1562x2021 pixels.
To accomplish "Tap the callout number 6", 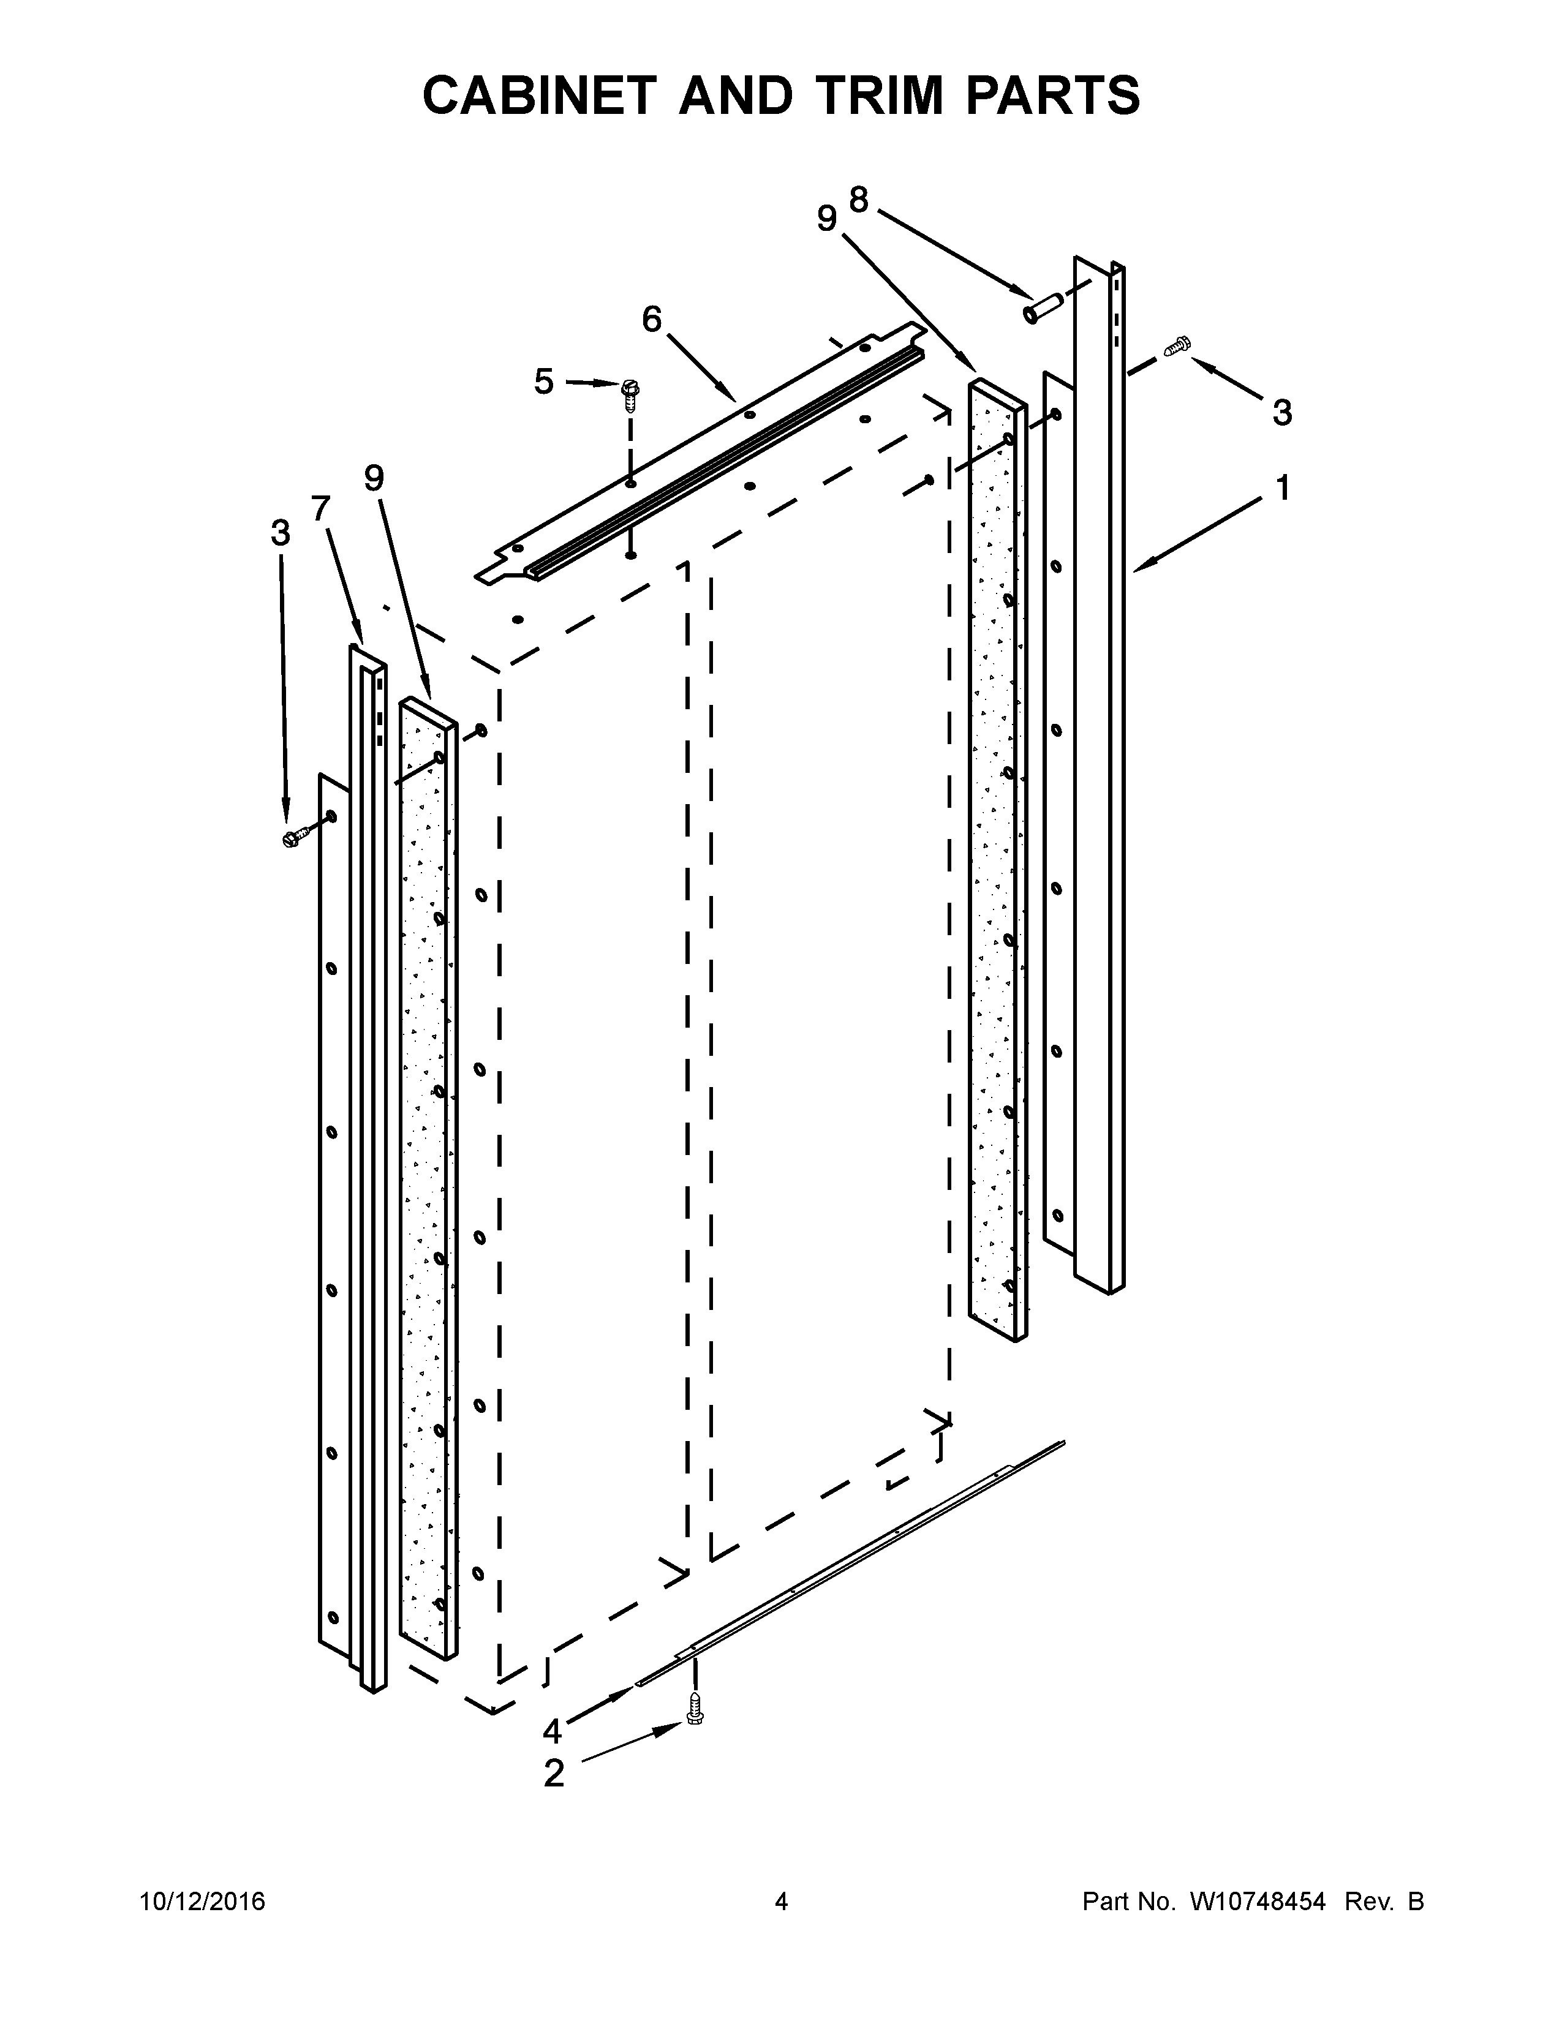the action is [652, 320].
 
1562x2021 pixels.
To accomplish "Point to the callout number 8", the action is [859, 199].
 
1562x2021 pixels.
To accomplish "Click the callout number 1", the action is [1283, 487].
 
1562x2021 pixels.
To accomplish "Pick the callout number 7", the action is [320, 508].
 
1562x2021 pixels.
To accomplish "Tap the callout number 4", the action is [553, 1731].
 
